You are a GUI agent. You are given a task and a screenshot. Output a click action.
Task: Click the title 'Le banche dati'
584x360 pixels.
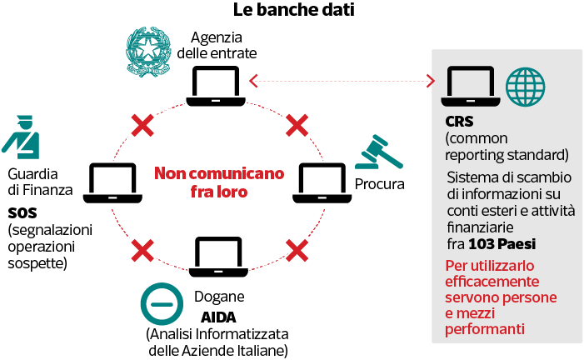pyautogui.click(x=293, y=10)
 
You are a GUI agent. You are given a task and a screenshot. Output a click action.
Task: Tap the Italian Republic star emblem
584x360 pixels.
pyautogui.click(x=148, y=52)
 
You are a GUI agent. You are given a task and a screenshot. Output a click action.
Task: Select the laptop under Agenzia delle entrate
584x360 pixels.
pyautogui.click(x=216, y=86)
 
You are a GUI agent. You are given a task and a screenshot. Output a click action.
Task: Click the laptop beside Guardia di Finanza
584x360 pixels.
pyautogui.click(x=112, y=183)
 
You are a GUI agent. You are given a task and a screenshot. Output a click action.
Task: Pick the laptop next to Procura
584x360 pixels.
pyautogui.click(x=322, y=183)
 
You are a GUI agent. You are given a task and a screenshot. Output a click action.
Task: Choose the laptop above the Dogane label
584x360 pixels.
pyautogui.click(x=218, y=257)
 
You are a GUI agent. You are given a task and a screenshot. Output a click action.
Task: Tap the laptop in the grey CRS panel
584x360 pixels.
pyautogui.click(x=471, y=86)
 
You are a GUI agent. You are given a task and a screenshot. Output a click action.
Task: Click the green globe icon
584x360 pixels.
pyautogui.click(x=525, y=87)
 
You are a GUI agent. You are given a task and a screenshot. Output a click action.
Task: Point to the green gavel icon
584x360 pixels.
pyautogui.click(x=379, y=152)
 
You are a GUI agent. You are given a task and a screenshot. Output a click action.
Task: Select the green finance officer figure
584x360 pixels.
pyautogui.click(x=22, y=137)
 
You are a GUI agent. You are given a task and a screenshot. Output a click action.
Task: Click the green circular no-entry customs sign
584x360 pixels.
pyautogui.click(x=162, y=304)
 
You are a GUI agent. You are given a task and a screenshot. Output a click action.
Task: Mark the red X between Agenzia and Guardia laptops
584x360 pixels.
pyautogui.click(x=142, y=125)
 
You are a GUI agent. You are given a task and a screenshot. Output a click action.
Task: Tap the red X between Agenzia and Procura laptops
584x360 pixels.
pyautogui.click(x=297, y=125)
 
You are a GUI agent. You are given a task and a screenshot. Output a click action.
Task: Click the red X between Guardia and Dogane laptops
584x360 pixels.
pyautogui.click(x=142, y=251)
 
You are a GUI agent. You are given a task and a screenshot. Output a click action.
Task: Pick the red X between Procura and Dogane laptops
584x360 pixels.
pyautogui.click(x=297, y=251)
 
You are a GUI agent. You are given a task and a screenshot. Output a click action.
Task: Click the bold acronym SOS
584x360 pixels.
pyautogui.click(x=22, y=213)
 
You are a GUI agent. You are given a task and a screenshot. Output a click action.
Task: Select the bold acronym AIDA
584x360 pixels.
pyautogui.click(x=218, y=317)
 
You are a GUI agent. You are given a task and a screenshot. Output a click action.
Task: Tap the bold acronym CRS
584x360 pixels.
pyautogui.click(x=459, y=122)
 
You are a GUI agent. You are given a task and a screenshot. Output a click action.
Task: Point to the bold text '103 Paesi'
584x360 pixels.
pyautogui.click(x=502, y=244)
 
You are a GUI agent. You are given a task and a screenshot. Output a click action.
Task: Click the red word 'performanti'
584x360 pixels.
pyautogui.click(x=485, y=329)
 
